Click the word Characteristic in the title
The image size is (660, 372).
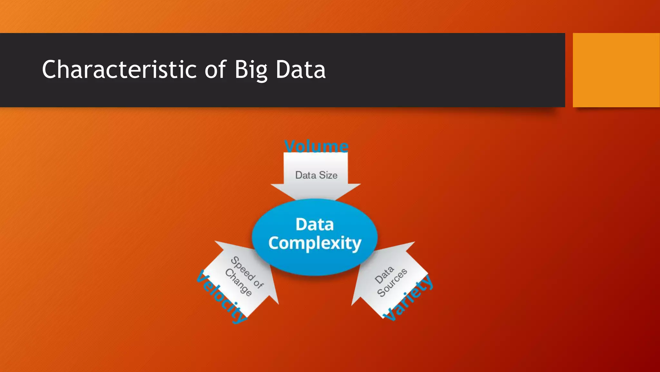pyautogui.click(x=119, y=69)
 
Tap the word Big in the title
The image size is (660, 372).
pyautogui.click(x=251, y=70)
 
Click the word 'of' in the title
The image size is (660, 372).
pyautogui.click(x=216, y=69)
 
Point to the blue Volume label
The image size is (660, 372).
pyautogui.click(x=316, y=146)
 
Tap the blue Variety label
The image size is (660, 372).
pyautogui.click(x=408, y=298)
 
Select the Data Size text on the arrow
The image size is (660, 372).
pyautogui.click(x=316, y=175)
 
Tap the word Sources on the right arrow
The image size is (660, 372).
pyautogui.click(x=392, y=283)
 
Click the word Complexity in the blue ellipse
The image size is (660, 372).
pyautogui.click(x=315, y=243)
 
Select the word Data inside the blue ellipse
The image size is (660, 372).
pyautogui.click(x=315, y=224)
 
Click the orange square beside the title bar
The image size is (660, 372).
pyautogui.click(x=616, y=70)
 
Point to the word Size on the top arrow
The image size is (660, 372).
pyautogui.click(x=328, y=175)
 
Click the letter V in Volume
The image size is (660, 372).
pyautogui.click(x=291, y=146)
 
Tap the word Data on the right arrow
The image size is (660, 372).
pyautogui.click(x=384, y=275)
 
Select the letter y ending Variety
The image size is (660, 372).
pyautogui.click(x=428, y=281)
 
